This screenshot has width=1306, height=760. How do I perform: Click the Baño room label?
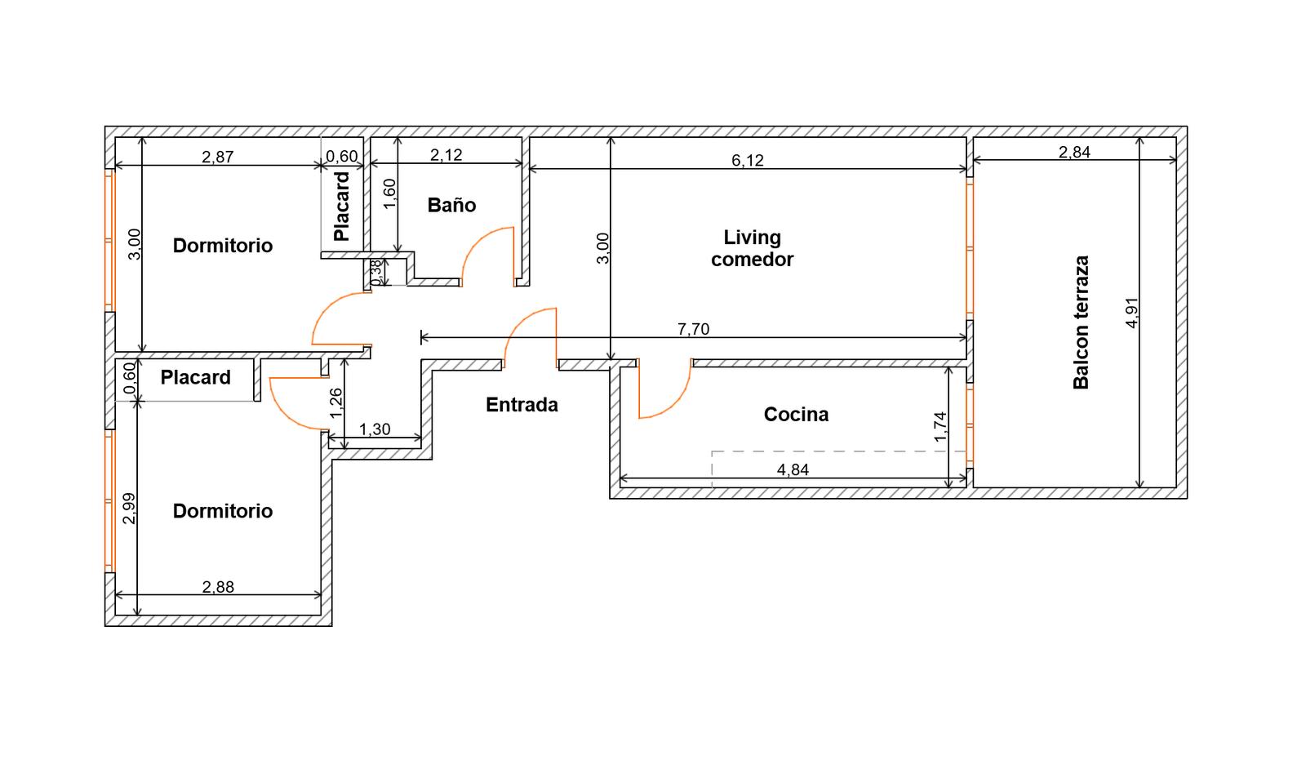(x=451, y=205)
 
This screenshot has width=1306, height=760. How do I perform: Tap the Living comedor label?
(x=752, y=248)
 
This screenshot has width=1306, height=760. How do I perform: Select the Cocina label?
(x=796, y=414)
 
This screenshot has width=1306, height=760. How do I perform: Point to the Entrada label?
(x=522, y=404)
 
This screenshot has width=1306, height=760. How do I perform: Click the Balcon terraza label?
(x=1081, y=322)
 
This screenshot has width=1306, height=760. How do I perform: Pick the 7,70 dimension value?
(x=693, y=329)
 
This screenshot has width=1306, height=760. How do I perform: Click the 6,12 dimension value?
(x=748, y=160)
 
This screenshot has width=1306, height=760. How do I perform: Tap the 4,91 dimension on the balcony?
(x=1131, y=313)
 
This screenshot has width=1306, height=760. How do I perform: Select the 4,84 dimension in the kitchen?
(x=793, y=469)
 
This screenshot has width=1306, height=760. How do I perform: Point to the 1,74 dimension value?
(x=940, y=426)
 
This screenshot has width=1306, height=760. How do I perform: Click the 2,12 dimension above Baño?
(x=446, y=154)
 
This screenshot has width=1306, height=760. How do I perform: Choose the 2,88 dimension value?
(x=218, y=586)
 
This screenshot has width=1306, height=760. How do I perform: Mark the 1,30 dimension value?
(x=375, y=429)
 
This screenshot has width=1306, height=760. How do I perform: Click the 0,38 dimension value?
(x=376, y=271)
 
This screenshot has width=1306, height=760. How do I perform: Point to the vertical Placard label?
(x=341, y=207)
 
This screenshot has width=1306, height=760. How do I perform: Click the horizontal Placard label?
(x=195, y=377)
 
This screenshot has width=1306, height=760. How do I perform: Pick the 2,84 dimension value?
(x=1074, y=152)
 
